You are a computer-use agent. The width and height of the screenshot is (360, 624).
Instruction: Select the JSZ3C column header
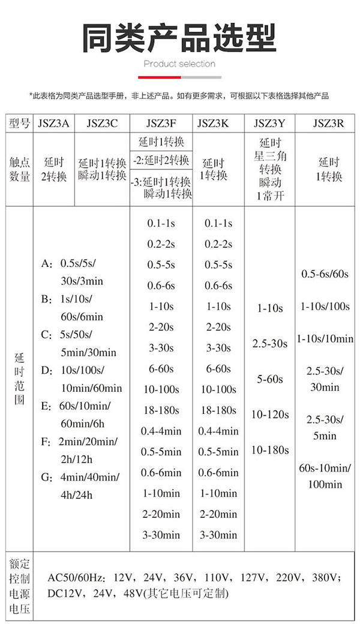(x=102, y=124)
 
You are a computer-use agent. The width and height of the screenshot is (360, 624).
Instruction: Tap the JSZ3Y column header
(x=269, y=124)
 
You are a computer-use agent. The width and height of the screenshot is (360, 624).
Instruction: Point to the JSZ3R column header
(x=328, y=124)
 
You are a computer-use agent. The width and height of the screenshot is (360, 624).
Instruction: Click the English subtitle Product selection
(x=179, y=64)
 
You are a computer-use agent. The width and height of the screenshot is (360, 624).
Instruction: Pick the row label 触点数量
(x=20, y=170)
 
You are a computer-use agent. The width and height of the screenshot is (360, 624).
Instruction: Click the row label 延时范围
(x=20, y=378)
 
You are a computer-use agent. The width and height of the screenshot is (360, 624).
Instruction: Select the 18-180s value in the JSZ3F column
(x=161, y=410)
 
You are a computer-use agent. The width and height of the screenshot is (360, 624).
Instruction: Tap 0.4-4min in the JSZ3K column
(x=218, y=431)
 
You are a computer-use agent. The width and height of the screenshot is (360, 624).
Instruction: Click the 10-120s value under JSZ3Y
(x=270, y=414)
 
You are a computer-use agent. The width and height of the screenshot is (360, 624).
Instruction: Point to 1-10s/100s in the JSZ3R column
(x=325, y=306)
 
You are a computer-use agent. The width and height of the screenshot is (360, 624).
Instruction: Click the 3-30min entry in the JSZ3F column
(x=161, y=535)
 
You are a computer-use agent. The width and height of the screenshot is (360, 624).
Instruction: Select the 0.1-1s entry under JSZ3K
(x=218, y=223)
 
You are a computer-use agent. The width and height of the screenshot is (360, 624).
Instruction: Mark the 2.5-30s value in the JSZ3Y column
(x=270, y=343)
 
